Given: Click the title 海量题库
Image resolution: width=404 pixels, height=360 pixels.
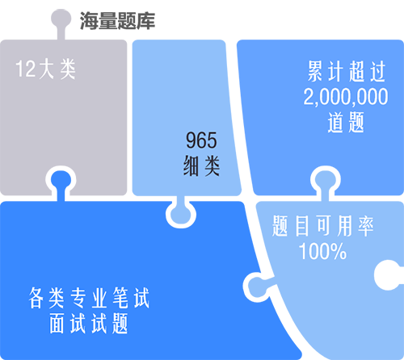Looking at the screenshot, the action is [117, 21].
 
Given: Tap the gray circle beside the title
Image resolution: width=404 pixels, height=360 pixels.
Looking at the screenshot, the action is [61, 19].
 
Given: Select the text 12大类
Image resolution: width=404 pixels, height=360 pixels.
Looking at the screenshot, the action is [45, 69].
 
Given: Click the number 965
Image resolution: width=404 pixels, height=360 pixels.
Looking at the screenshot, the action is [201, 140].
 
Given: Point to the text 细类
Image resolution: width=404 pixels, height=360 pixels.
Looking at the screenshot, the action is [201, 165].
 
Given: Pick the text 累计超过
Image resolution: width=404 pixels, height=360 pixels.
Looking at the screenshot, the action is [347, 71].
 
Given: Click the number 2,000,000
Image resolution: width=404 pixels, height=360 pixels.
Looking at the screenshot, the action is [346, 97].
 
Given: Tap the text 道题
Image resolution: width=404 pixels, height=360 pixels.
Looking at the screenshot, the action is [346, 123].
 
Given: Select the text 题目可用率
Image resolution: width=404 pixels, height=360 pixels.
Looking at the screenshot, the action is [322, 226].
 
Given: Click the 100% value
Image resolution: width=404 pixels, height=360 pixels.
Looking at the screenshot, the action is [322, 251].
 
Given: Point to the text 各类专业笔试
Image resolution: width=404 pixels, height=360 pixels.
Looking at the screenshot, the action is [89, 298].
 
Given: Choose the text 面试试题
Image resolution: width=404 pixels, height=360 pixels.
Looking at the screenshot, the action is [89, 323].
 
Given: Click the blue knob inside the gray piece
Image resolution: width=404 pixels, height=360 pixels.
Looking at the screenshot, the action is [61, 181].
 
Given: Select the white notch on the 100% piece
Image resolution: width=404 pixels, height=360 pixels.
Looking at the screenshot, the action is [389, 274].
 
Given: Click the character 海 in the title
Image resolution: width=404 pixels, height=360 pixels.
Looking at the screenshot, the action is [89, 21].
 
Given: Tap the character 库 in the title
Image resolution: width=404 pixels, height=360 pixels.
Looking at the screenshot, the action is [145, 21].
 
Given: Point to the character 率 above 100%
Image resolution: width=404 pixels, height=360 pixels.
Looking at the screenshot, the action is [366, 226].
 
